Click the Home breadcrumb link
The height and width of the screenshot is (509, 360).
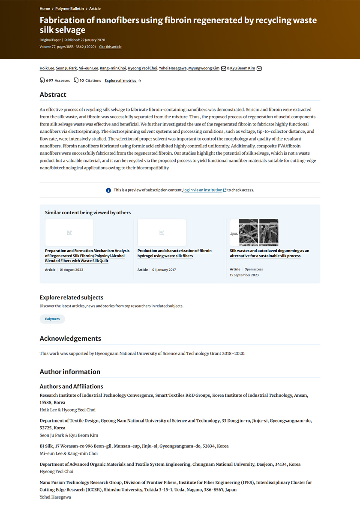pyautogui.click(x=45, y=9)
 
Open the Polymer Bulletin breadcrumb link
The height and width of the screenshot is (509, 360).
pyautogui.click(x=70, y=9)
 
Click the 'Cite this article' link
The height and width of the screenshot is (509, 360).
pyautogui.click(x=110, y=47)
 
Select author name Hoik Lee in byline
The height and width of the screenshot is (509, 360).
pyautogui.click(x=47, y=68)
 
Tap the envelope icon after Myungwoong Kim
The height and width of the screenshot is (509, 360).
pyautogui.click(x=223, y=69)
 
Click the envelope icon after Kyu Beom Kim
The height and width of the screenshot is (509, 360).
pyautogui.click(x=259, y=69)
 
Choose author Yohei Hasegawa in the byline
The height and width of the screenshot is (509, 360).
pyautogui.click(x=173, y=68)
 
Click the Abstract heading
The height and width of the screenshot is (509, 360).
pyautogui.click(x=53, y=95)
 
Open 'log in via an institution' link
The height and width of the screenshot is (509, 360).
pyautogui.click(x=203, y=190)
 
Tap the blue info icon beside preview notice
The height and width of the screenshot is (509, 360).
pyautogui.click(x=108, y=190)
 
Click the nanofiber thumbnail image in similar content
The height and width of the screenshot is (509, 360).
pyautogui.click(x=254, y=232)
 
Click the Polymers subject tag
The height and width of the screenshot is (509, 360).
pyautogui.click(x=52, y=319)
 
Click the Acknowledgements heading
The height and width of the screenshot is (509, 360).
pyautogui.click(x=70, y=338)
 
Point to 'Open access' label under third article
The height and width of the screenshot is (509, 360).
pyautogui.click(x=254, y=269)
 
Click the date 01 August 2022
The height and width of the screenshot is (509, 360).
pyautogui.click(x=72, y=270)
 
